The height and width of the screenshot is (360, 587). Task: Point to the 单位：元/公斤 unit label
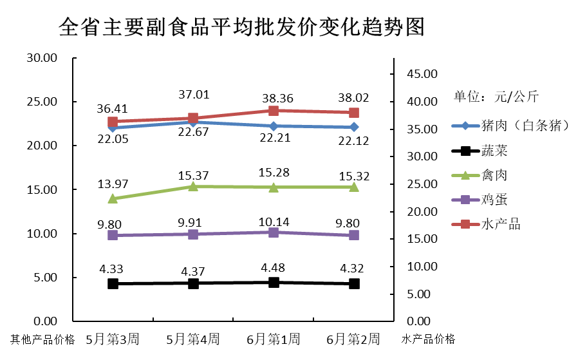[x=496, y=97]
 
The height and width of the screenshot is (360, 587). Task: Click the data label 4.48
[x=274, y=268]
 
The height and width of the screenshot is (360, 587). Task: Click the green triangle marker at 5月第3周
[x=113, y=198]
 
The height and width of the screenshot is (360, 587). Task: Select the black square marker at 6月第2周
[x=354, y=283]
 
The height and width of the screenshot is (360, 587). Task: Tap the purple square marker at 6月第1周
[x=274, y=232]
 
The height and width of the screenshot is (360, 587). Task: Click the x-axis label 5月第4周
[x=192, y=339]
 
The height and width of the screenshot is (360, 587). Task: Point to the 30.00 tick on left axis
[x=42, y=58]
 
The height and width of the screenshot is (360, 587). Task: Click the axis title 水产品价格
[x=428, y=339]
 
